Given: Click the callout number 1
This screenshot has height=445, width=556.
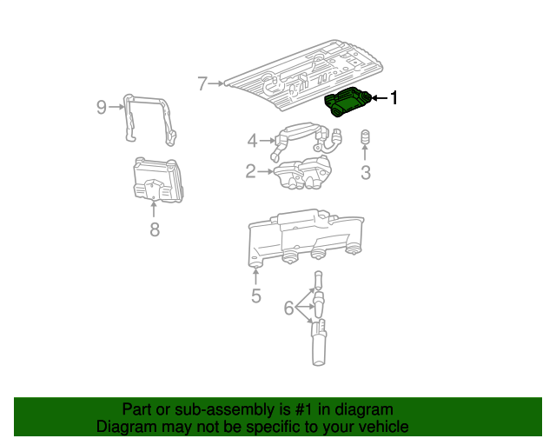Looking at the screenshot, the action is [394, 97].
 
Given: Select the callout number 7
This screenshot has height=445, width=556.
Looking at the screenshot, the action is [202, 83].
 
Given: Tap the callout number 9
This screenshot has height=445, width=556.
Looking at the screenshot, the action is [102, 107].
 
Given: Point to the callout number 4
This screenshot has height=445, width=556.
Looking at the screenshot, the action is [252, 141].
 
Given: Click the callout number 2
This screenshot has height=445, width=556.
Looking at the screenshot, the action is [250, 171].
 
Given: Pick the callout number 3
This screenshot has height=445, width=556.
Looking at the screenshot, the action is [365, 172].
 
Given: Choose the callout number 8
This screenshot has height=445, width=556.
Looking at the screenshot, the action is [155, 229].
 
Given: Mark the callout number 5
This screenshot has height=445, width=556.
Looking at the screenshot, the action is [256, 296].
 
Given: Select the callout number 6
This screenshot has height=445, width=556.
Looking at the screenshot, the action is [288, 308].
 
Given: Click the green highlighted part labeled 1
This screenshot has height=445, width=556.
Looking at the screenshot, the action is [347, 103].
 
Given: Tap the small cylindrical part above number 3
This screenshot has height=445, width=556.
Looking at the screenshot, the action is [365, 137].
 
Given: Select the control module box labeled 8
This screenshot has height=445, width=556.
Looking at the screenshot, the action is [158, 180].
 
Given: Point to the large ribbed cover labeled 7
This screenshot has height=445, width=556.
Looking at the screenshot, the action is [305, 76].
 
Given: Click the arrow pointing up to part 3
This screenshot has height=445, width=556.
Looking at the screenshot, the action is [365, 152].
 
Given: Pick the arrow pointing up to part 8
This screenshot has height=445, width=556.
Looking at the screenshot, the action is [154, 209].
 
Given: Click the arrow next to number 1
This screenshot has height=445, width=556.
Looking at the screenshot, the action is [380, 98].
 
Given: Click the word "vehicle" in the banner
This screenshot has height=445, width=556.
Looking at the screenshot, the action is [385, 427].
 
